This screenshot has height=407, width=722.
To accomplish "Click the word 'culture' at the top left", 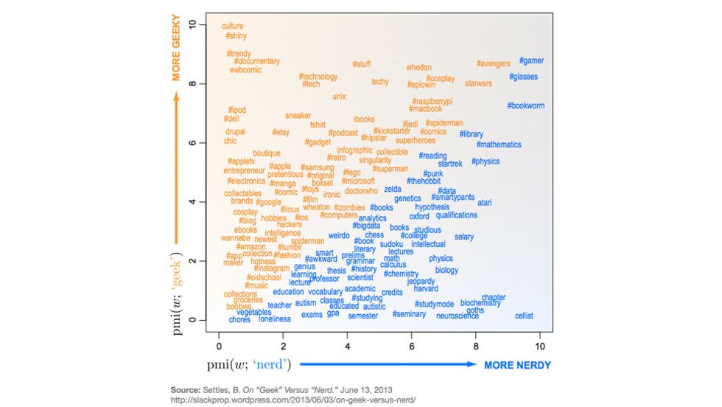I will coord(232,27).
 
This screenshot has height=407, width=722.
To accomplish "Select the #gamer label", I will coord(531,60).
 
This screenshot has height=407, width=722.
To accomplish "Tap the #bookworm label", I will coord(526,105).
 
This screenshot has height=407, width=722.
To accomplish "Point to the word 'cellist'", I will coord(524,316).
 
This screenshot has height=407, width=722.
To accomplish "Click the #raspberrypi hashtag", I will coord(432,101).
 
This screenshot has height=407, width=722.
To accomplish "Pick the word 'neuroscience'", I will coord(458,316).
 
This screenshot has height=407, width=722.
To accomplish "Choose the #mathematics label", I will coord(499,145).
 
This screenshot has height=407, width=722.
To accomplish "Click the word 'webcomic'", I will coord(245,70).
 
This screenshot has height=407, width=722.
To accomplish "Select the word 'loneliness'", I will coord(275,319).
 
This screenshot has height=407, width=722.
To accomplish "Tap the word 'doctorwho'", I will coord(361,191).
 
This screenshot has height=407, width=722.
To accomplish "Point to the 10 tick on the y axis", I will coord(193,24).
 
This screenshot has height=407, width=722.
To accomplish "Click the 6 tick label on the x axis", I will coord(411,346).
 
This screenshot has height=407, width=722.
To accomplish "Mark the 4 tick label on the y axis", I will coord(193,201).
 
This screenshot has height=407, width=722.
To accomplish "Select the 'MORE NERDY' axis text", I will coord(517,365).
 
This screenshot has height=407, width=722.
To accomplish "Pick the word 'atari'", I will coord(484,202).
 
